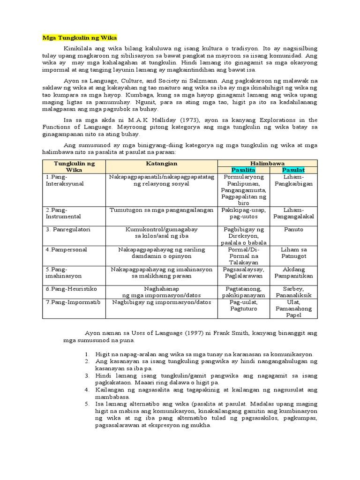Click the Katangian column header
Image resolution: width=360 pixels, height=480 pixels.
click(161, 163)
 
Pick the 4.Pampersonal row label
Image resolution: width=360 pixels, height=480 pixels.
click(66, 249)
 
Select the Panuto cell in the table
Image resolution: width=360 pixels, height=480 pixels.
click(293, 230)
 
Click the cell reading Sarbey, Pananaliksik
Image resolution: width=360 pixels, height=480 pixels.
click(293, 292)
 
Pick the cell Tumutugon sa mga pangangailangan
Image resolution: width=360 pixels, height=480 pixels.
click(161, 210)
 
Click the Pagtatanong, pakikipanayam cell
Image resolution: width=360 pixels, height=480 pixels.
click(244, 292)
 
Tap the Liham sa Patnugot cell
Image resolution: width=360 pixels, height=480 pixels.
click(293, 253)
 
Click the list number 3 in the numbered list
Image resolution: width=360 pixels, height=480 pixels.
click(87, 376)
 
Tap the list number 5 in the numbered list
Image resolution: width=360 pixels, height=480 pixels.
click(87, 404)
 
